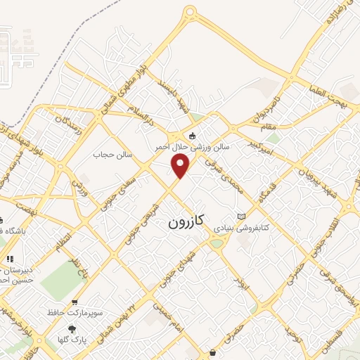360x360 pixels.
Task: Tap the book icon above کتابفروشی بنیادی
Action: point(242,217)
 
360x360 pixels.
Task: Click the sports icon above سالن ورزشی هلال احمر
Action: point(192,136)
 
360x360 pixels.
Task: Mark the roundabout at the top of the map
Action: point(189,13)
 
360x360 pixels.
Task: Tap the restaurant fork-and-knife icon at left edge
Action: point(10,259)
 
